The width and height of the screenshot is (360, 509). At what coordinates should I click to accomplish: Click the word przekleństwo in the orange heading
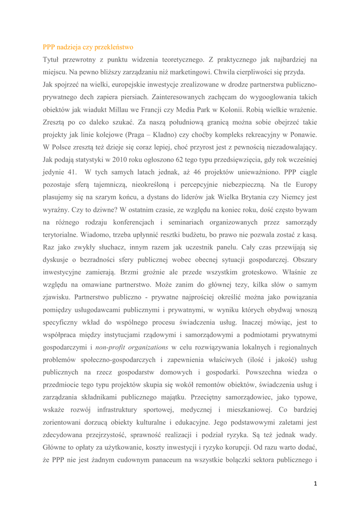tap(115, 48)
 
